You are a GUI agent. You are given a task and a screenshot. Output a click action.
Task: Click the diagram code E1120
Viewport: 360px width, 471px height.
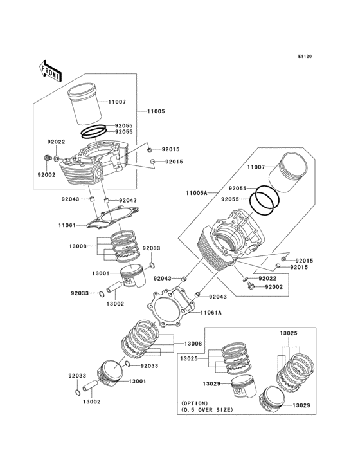[x=304, y=57]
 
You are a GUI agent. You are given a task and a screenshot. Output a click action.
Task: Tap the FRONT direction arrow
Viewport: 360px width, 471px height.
[x=50, y=69]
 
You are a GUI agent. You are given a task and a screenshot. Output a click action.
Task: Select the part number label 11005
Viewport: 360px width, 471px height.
[x=156, y=111]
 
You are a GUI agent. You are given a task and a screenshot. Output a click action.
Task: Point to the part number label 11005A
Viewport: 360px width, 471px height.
[x=196, y=193]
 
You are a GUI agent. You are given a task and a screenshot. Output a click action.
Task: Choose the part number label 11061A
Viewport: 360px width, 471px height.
[x=210, y=312]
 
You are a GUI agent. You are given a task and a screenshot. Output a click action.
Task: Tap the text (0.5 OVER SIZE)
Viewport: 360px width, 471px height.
[x=206, y=409]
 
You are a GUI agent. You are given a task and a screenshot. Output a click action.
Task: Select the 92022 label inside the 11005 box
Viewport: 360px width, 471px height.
[x=56, y=142]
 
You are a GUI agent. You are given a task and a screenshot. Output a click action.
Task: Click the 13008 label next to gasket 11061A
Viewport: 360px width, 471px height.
[x=194, y=344]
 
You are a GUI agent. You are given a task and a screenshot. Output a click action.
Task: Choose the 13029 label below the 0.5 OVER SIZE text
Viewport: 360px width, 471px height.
[x=302, y=406]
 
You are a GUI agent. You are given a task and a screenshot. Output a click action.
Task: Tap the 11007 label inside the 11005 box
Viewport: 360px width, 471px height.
[x=117, y=102]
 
